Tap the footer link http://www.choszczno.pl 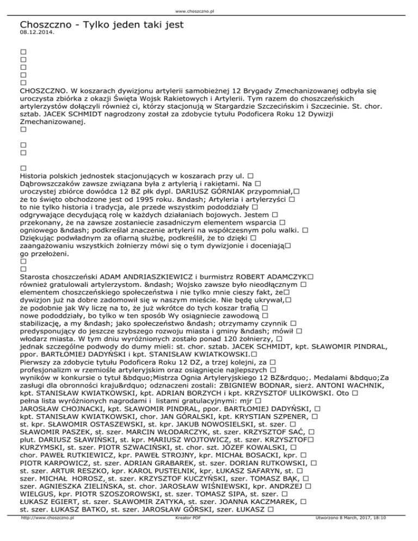pyautogui.click(x=47, y=534)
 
